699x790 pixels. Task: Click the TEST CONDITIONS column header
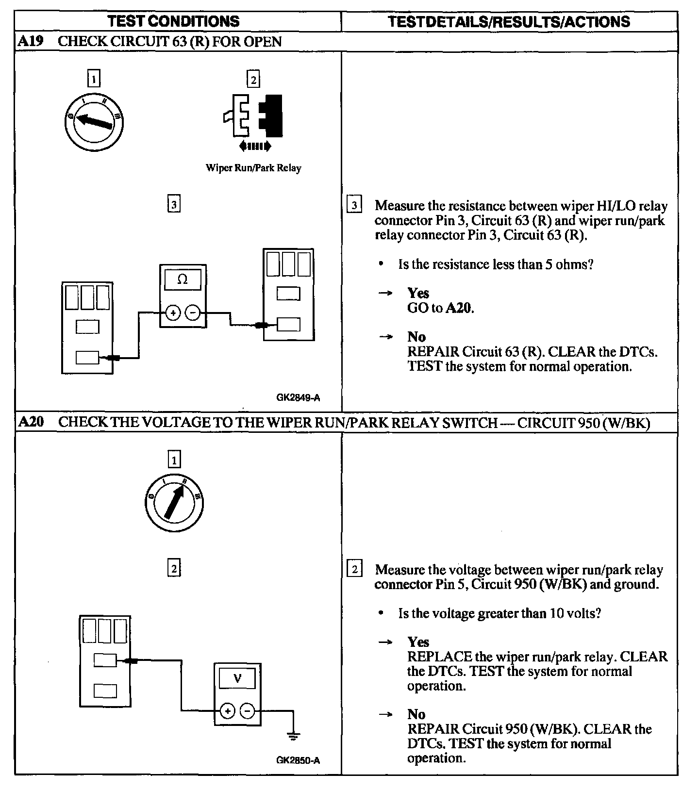tap(173, 21)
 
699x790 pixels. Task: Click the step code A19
tap(30, 41)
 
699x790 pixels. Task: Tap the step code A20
tap(30, 422)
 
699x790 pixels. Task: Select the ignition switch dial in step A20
tap(174, 503)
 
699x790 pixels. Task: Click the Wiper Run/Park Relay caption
tap(253, 168)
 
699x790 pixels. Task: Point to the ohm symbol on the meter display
tap(183, 280)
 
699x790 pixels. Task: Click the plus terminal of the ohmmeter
tap(173, 313)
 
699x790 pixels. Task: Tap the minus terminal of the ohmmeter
tap(193, 313)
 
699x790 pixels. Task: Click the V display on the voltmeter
tap(237, 678)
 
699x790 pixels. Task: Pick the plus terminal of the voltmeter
tap(227, 711)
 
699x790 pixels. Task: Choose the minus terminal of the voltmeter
tap(248, 711)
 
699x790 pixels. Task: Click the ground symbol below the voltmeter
tap(293, 736)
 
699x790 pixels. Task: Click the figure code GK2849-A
tap(298, 398)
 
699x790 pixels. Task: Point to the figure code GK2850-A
tap(298, 760)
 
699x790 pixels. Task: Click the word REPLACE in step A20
tap(439, 657)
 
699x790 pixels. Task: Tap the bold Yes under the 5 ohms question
tap(418, 293)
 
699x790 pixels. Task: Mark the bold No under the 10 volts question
tap(416, 714)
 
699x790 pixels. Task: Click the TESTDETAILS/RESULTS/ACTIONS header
tap(509, 21)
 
